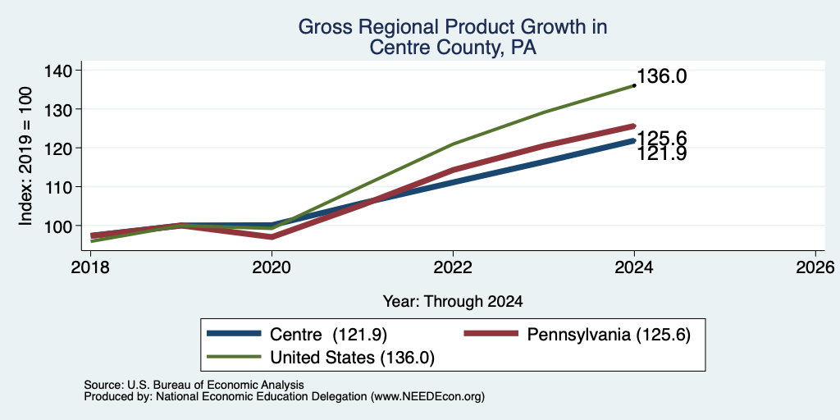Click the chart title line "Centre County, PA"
453,48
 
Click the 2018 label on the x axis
90,267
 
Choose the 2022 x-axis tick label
453,267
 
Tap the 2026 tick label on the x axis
816,267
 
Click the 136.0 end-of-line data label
662,76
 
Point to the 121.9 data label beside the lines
662,153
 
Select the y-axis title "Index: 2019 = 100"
25,157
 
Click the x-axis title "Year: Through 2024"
453,302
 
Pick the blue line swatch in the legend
234,334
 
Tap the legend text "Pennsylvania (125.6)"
609,336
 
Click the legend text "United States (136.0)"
352,358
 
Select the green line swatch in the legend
234,357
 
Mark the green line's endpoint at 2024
634,85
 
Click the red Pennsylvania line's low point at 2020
272,237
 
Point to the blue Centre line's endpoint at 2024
634,140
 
